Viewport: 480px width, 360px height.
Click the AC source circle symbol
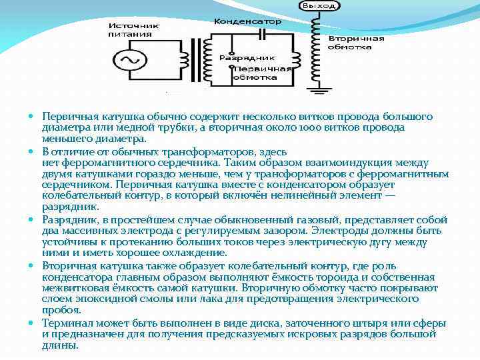point(129,61)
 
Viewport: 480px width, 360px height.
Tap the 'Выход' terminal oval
point(320,6)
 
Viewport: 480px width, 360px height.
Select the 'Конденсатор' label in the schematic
point(247,21)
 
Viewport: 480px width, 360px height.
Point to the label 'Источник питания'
point(130,29)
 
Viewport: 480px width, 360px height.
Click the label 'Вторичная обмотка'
point(356,43)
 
